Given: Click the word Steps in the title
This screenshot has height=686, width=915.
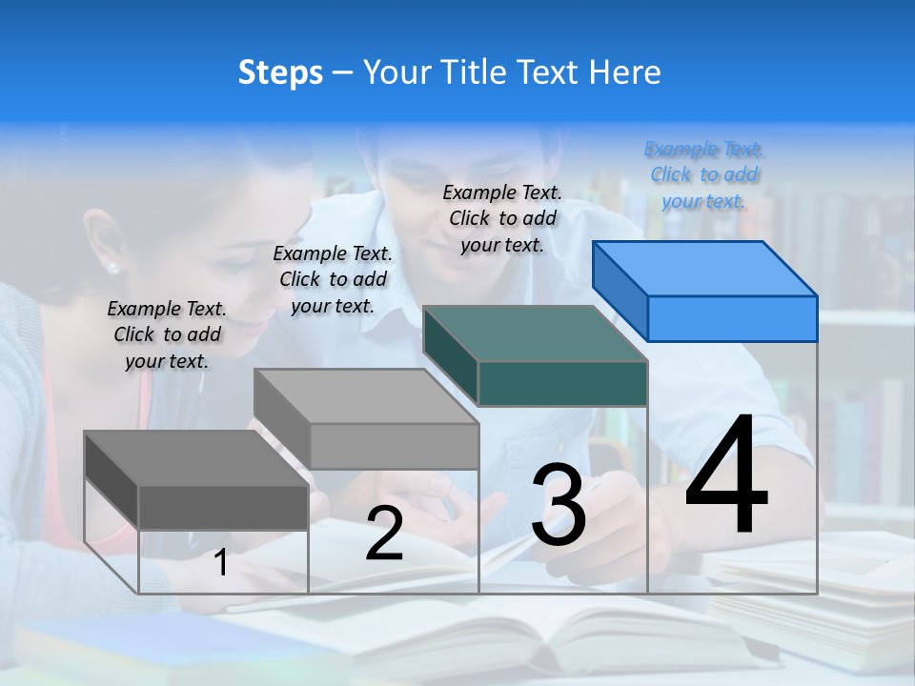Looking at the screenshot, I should tap(280, 72).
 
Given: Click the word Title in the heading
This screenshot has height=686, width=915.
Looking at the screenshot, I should tap(466, 72).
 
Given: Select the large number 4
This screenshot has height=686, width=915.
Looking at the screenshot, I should tap(726, 476).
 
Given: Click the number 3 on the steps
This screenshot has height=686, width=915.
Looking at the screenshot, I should tap(559, 505).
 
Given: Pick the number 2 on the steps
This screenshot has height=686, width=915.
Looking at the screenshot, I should tap(384, 534).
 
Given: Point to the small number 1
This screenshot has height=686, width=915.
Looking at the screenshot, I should tap(221, 563).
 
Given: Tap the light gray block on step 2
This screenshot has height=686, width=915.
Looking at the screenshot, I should tap(367, 420).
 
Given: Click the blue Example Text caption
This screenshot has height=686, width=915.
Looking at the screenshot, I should tap(704, 175).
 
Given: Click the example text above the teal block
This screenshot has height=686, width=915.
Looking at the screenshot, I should tap(502, 218).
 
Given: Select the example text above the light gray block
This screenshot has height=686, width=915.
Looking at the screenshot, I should tap(333, 279).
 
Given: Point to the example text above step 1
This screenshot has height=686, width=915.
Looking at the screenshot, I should tap(167, 334).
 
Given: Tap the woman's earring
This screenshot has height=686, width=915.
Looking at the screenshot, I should tap(112, 268).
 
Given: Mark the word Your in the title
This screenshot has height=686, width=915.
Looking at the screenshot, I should tap(394, 72).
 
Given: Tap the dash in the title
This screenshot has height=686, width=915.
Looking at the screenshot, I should tap(342, 73).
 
